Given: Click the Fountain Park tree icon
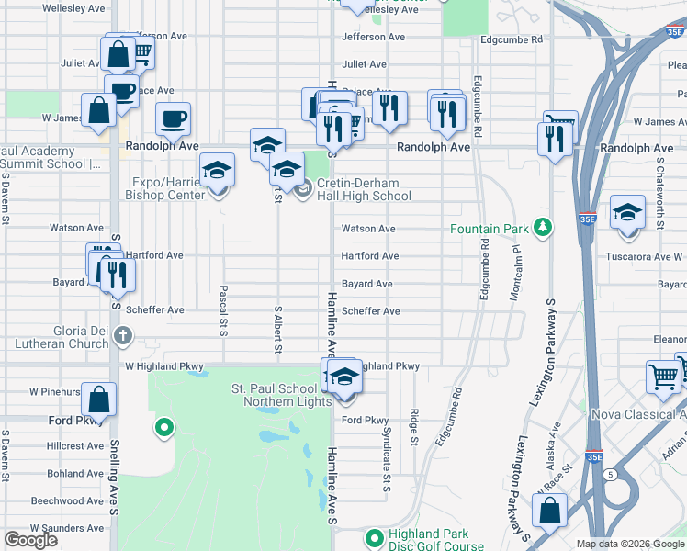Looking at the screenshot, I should (544, 228).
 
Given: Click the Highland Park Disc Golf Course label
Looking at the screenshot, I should (428, 540).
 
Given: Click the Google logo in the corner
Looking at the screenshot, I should (30, 540).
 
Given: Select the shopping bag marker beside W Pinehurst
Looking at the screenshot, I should (99, 399).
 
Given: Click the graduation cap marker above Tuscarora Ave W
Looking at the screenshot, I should (627, 214).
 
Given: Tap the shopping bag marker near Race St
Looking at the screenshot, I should (549, 511).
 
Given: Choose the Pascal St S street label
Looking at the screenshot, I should (223, 309).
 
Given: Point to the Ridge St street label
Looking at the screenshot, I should (415, 428).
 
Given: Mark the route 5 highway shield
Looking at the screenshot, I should (610, 474).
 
